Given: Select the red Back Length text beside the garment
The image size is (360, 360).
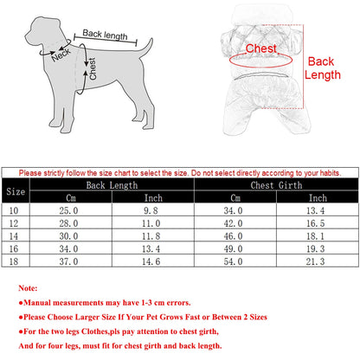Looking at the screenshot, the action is pyautogui.click(x=321, y=68).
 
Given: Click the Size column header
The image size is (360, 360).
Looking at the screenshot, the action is pyautogui.click(x=16, y=191).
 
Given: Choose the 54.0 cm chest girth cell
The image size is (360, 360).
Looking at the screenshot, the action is pyautogui.click(x=235, y=258).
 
